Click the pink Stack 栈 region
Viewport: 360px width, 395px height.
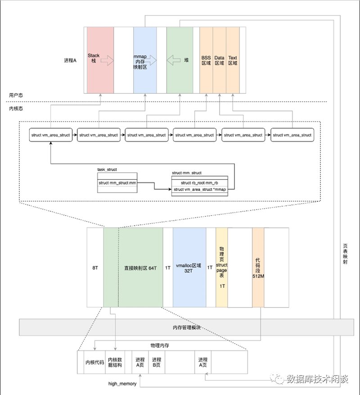[x=100, y=60]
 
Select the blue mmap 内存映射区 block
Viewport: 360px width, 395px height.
[x=145, y=60]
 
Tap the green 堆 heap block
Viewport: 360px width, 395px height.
[x=180, y=60]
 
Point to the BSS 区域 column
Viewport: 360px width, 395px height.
[x=206, y=60]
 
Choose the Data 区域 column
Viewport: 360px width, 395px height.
[x=220, y=60]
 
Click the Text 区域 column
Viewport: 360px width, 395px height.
[x=233, y=60]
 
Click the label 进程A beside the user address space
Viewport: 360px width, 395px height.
[x=70, y=60]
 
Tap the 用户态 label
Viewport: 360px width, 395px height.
[x=16, y=95]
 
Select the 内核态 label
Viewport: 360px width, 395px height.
[x=16, y=109]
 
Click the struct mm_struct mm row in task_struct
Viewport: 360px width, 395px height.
[x=117, y=183]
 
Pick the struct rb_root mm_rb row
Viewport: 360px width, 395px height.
[x=200, y=183]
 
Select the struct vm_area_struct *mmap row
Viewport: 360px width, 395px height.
[x=200, y=190]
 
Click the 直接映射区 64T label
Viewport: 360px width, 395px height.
[x=140, y=268]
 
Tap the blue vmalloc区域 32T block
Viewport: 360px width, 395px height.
[x=189, y=268]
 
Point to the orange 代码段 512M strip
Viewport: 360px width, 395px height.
[x=258, y=268]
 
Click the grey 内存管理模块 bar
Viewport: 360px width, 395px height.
[x=187, y=327]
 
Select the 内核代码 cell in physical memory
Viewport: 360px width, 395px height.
[x=94, y=362]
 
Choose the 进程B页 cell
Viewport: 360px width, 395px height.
[x=157, y=362]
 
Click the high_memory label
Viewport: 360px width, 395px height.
[x=122, y=384]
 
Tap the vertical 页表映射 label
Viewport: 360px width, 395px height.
[x=345, y=254]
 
